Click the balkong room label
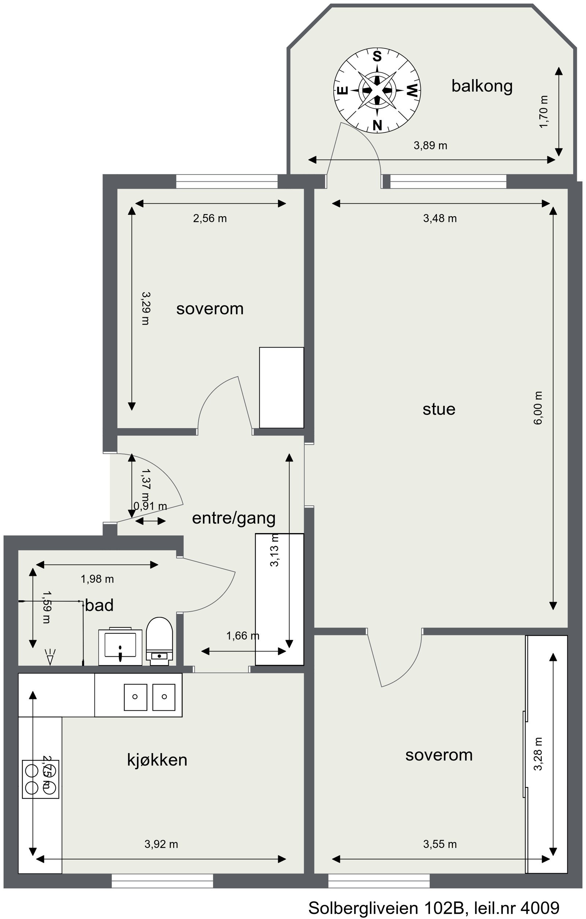(482, 86)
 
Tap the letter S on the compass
(377, 56)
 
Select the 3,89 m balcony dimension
(430, 145)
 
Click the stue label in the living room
(439, 409)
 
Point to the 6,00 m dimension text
(538, 408)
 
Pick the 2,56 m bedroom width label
(210, 218)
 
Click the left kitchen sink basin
(135, 697)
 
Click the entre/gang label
(234, 518)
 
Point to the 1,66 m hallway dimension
(242, 635)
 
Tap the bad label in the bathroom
(99, 605)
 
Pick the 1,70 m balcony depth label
(544, 112)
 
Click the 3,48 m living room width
(440, 218)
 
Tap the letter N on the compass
(377, 125)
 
